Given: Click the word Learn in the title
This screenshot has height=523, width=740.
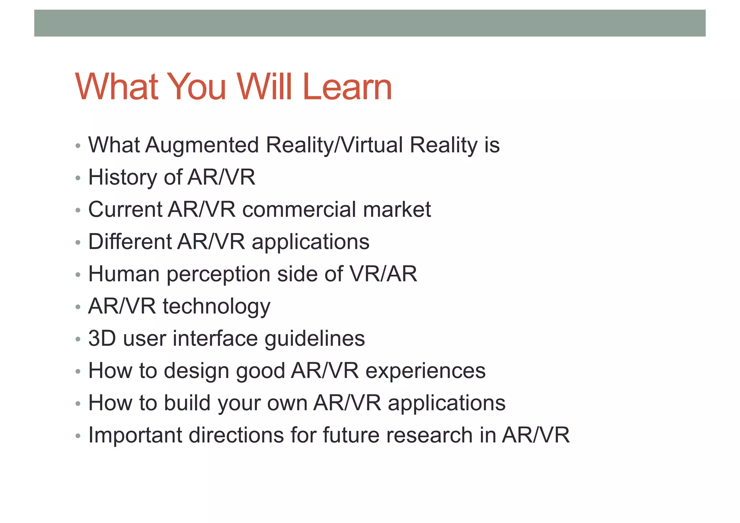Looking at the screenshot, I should (347, 87).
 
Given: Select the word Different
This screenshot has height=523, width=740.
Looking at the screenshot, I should (130, 242).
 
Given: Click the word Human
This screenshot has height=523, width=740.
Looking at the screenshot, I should (124, 274).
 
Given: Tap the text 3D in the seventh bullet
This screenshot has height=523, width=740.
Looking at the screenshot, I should (102, 339).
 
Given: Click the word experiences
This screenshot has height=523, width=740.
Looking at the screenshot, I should (425, 371).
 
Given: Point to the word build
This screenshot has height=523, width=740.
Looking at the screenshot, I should (187, 403).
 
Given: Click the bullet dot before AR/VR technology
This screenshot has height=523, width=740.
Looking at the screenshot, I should (78, 307).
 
